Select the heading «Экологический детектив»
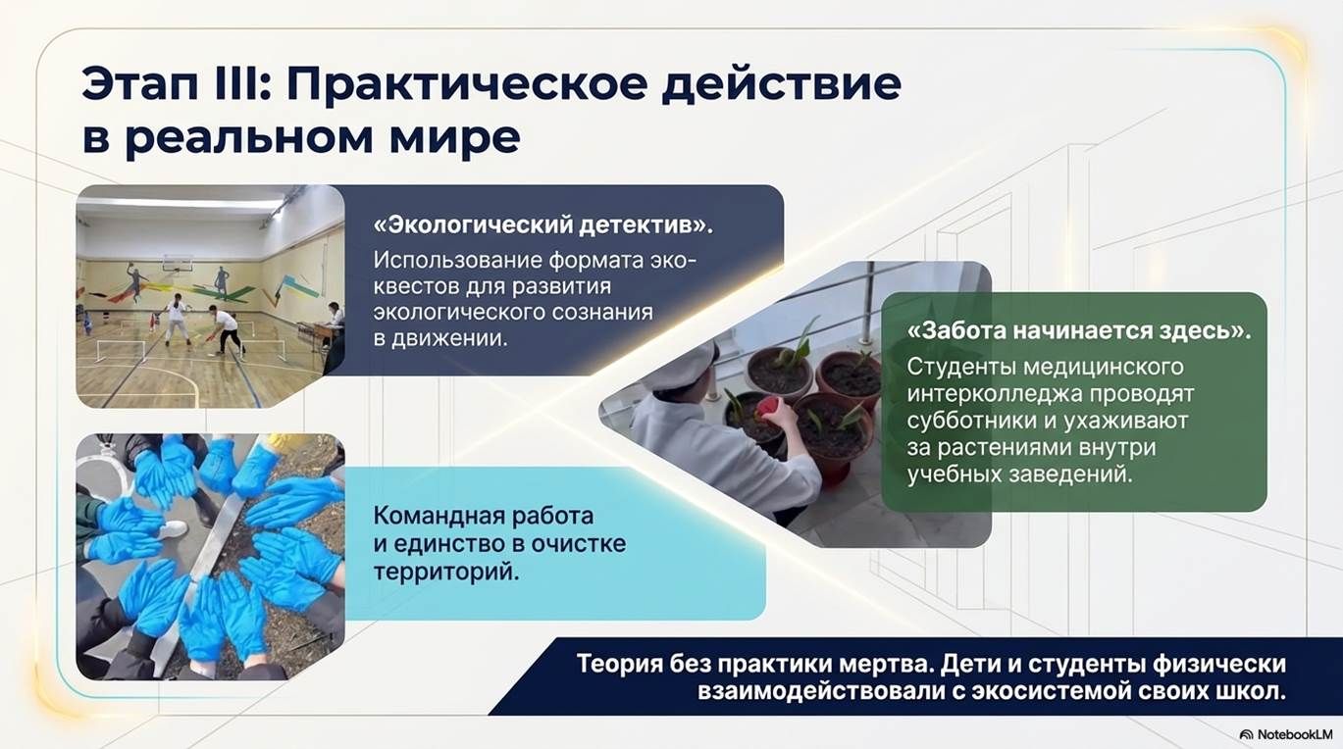[x=543, y=225]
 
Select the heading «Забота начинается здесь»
[x=1079, y=330]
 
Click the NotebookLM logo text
[x=1285, y=734]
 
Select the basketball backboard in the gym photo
[x=178, y=263]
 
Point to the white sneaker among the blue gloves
[x=173, y=528]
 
